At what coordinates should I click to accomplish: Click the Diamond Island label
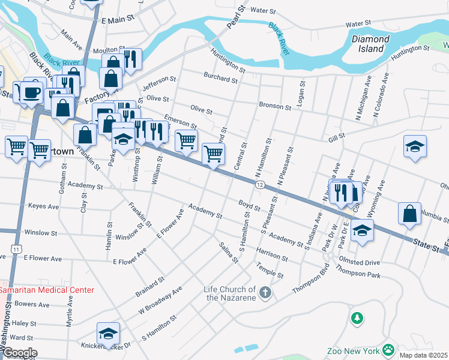370,44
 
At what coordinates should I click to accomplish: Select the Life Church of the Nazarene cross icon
265,293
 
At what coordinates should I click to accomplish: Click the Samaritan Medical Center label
47,290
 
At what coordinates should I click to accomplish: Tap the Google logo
19,353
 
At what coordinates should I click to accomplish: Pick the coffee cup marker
33,92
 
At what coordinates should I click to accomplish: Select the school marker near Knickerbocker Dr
108,334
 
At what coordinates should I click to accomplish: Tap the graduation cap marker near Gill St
414,147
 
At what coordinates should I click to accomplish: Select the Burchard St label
221,79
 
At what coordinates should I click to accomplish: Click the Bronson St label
275,106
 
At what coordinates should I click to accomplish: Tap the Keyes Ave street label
43,206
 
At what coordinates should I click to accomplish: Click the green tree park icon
357,316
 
